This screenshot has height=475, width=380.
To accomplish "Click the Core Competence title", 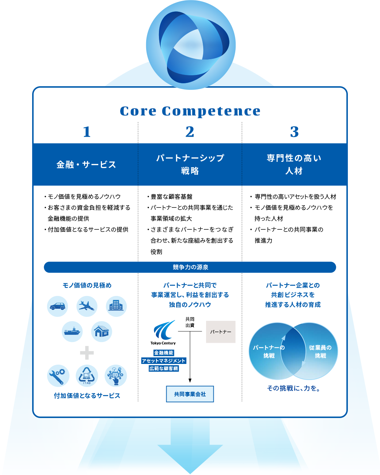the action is coord(190,111).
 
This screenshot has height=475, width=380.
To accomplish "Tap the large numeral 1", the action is coord(87,132).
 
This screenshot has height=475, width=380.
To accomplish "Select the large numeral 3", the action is coord(294,132).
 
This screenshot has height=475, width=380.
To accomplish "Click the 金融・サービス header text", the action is coord(86,165).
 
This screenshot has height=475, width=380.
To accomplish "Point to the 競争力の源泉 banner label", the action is coord(190,267).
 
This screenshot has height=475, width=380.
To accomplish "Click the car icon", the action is coord(57,306).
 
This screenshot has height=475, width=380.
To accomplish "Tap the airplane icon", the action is coord(87,306).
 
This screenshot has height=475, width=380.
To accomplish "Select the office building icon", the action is coord(116,306).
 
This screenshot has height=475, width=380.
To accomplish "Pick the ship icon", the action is coord(72,331).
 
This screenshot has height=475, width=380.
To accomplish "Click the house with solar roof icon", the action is coord(102,331).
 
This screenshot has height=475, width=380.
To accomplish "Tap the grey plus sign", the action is coord(87,353).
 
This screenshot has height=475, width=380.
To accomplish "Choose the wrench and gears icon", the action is coord(58,376).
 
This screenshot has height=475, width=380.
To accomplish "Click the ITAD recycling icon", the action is coord(87,376).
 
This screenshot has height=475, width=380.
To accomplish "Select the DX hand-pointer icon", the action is coord(116,376).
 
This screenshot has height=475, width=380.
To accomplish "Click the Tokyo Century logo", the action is coord(163,332).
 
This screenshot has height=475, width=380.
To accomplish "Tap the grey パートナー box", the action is coord(221,332).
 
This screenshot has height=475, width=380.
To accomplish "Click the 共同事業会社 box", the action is coord(190,394).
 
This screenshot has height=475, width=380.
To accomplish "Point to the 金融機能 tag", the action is coord(164,353).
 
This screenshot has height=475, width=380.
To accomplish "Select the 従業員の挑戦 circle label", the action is coord(320,351).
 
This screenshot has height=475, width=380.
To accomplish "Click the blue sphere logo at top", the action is coord(191,45).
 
